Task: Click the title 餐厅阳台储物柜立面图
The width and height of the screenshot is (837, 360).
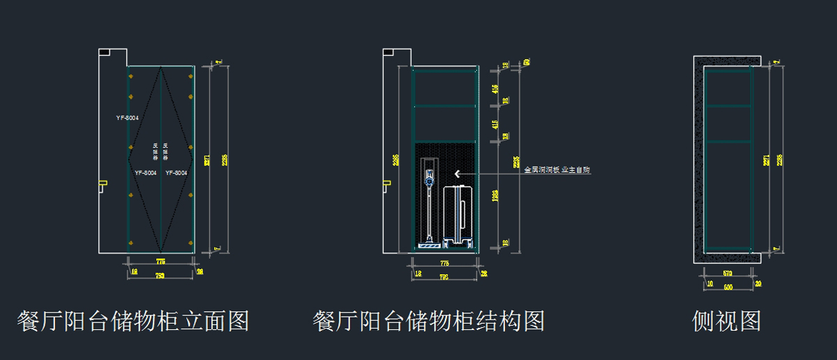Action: pos(133,322)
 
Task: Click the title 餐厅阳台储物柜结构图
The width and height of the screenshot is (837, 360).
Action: pos(428,322)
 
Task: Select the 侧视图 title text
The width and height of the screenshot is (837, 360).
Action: pos(726,322)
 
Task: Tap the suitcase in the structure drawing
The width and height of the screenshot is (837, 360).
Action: pos(460,215)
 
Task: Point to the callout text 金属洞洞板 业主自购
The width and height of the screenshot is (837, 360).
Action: pos(557,170)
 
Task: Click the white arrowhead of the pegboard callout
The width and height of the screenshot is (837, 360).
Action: pos(457,174)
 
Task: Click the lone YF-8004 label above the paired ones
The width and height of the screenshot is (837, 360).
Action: pos(127,118)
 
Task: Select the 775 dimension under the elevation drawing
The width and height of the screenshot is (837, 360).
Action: pos(160,262)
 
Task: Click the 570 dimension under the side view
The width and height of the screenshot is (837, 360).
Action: pos(727,273)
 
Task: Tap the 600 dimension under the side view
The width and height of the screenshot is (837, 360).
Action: pos(727,287)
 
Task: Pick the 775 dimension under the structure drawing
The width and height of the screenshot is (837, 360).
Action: pos(444,263)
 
